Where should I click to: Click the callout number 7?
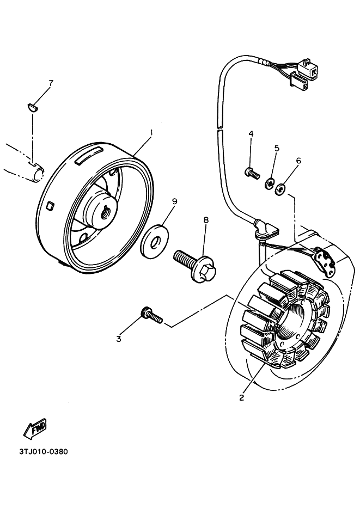[x=51, y=83]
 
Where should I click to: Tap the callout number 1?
[x=151, y=132]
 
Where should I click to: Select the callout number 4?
[x=251, y=134]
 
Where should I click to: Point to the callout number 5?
[x=277, y=148]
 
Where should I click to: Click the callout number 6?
[x=298, y=161]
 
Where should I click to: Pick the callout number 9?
[x=174, y=201]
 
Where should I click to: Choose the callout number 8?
[x=206, y=220]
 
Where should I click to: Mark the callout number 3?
[x=118, y=339]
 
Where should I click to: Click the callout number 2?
[x=241, y=397]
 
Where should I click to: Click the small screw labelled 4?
[x=251, y=173]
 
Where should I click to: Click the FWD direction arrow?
[x=35, y=428]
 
